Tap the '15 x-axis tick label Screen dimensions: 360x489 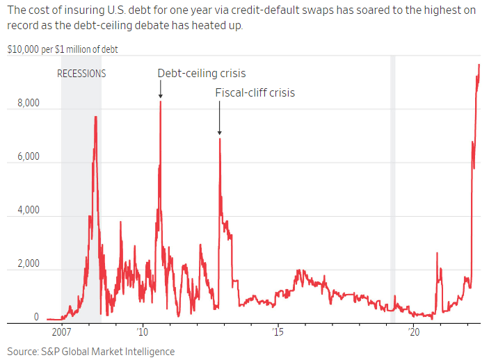tap(278, 333)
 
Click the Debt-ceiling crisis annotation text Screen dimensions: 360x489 tap(202, 73)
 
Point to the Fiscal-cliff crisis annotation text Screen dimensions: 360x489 tap(255, 92)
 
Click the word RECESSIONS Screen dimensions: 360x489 tap(81, 73)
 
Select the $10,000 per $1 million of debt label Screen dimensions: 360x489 tap(62, 51)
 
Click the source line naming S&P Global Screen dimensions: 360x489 tap(91, 351)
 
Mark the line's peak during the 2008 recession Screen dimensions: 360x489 tap(95, 117)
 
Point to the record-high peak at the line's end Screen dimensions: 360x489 tap(479, 65)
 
